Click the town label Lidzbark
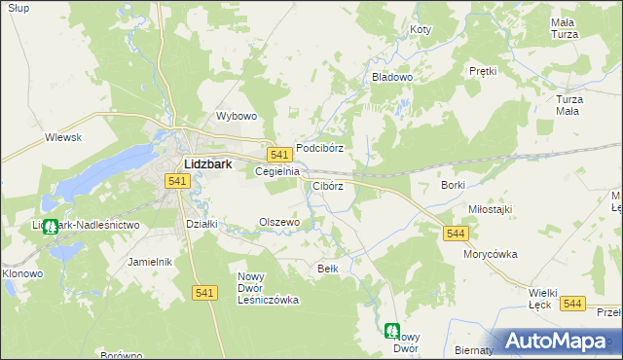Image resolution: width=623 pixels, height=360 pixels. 207,164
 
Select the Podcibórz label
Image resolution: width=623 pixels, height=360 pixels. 320,148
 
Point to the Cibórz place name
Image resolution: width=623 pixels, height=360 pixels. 328,186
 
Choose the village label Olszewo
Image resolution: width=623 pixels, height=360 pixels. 279,222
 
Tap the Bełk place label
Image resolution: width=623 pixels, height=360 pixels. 328,268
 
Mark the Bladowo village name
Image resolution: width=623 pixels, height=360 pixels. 393,76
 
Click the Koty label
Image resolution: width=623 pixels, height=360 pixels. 421,30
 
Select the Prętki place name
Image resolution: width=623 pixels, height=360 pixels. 483,71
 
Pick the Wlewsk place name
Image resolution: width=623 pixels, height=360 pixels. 62,138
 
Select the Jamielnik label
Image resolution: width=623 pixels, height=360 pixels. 150,262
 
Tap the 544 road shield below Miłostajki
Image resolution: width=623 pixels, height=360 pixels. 456,234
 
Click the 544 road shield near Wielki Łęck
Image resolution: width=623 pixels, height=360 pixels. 573,304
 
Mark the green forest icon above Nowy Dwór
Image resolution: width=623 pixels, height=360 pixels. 391,331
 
